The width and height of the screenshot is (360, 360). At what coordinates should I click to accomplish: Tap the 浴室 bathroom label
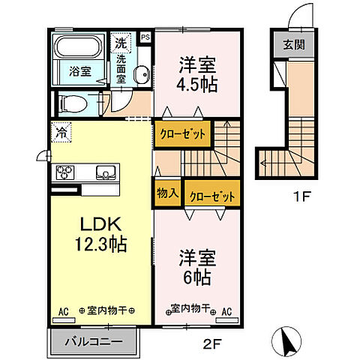[x=80, y=72]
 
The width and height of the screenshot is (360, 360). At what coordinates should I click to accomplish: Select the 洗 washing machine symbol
[x=119, y=43]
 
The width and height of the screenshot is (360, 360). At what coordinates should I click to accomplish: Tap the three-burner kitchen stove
[x=65, y=172]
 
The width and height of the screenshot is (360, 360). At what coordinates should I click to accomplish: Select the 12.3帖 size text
[x=100, y=243]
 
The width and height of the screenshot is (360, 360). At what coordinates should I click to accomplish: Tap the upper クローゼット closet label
[x=181, y=134]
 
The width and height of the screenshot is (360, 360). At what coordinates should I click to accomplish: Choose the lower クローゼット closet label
[x=213, y=195]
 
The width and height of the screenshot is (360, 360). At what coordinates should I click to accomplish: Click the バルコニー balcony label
[x=95, y=342]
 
